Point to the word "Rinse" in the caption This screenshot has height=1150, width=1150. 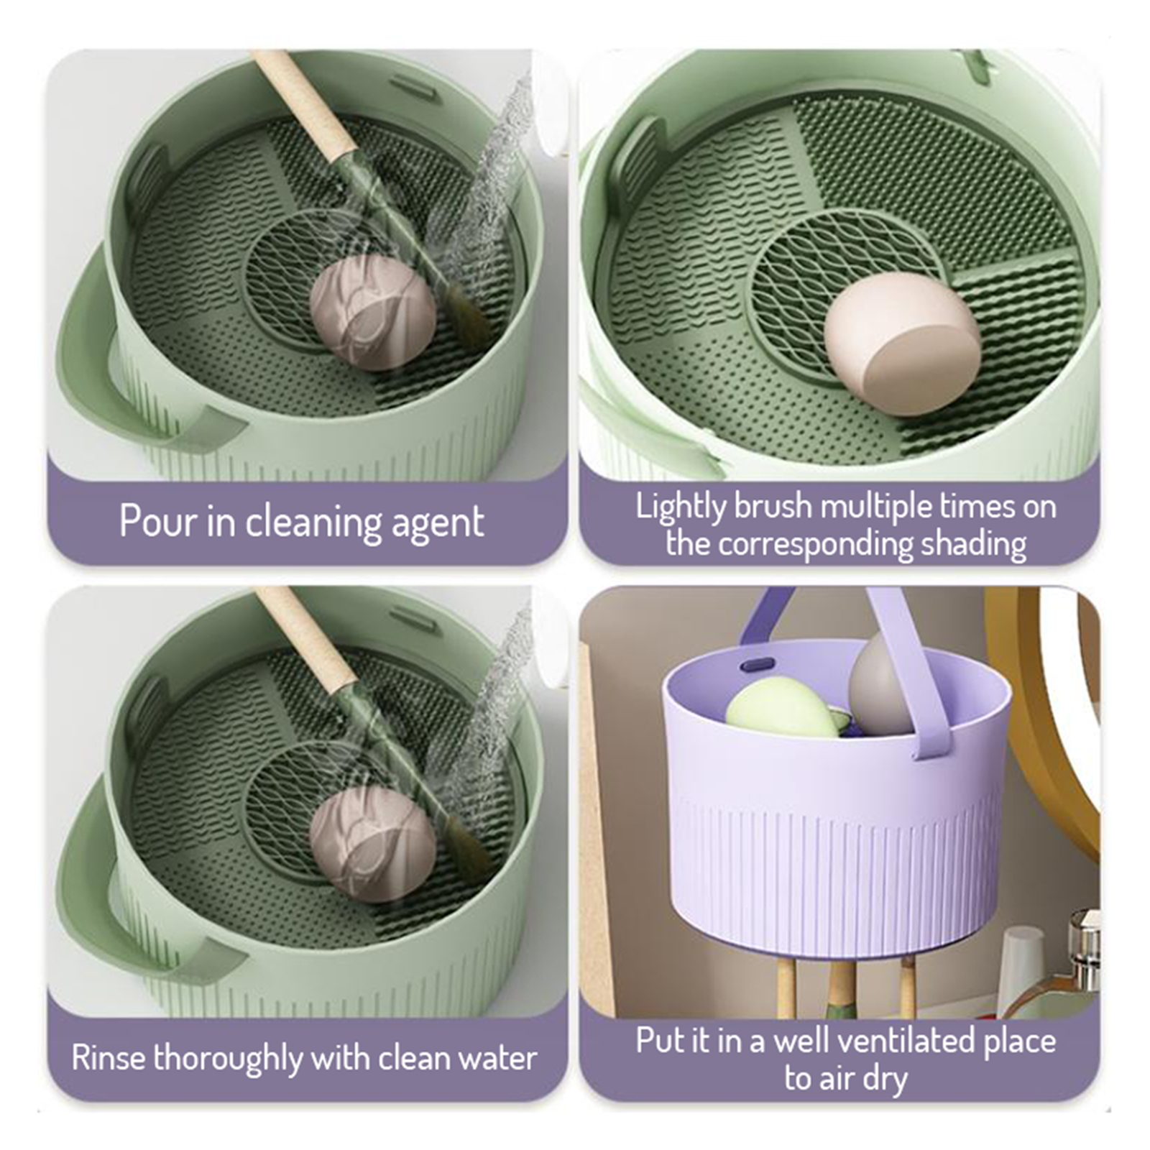[x=109, y=1058]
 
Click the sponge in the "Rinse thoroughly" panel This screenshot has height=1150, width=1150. [x=372, y=843]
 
